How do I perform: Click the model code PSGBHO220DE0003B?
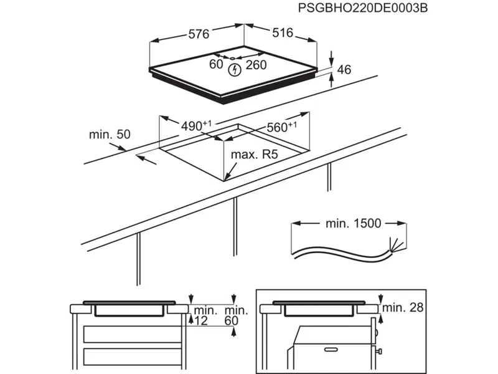pos(363,8)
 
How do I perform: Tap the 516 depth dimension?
pos(282,33)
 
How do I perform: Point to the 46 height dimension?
pos(344,70)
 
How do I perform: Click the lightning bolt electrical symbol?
pos(235,70)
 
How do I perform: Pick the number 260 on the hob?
pos(256,65)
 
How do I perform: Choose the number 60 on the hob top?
pos(216,64)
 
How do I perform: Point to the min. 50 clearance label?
pos(110,134)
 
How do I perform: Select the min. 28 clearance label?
pos(402,307)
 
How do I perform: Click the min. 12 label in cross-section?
pos(203,315)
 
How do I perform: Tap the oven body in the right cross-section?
pos(330,349)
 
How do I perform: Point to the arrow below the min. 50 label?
pos(147,160)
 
